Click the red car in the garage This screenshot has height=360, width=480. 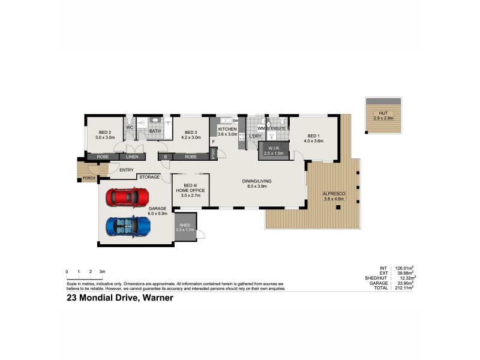127,197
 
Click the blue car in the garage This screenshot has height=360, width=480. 127,226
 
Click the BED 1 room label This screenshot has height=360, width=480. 314,136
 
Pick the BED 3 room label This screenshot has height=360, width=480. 191,132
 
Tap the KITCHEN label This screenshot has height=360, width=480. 227,130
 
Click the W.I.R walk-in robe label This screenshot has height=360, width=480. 274,148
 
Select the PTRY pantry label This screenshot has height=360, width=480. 214,154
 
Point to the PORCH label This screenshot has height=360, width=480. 89,178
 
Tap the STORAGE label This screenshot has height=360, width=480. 149,177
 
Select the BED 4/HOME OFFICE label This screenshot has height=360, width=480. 190,188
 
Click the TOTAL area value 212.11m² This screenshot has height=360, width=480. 404,288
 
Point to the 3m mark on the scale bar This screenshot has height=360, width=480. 102,272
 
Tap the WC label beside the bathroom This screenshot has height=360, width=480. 129,128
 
